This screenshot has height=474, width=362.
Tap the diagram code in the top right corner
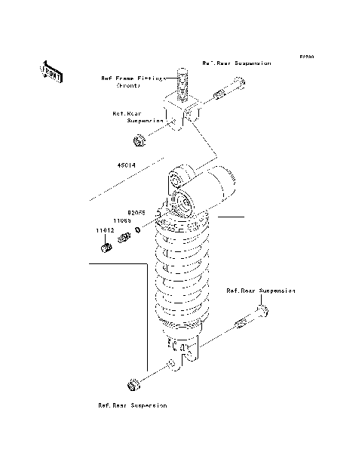point(305,57)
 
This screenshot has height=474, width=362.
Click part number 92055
point(135,213)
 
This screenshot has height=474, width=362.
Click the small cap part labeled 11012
point(106,248)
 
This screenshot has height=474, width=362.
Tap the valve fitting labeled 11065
point(124,240)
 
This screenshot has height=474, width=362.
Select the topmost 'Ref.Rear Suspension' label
point(236,63)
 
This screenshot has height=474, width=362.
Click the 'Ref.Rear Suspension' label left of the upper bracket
point(138,117)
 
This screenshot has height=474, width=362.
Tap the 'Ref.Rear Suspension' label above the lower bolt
point(261,290)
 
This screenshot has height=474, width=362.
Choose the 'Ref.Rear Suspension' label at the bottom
point(132,405)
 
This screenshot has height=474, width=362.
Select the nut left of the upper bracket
point(140,140)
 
